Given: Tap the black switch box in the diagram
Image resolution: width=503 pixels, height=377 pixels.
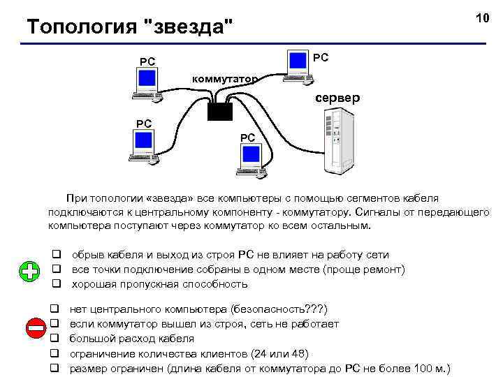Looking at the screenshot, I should [220, 112].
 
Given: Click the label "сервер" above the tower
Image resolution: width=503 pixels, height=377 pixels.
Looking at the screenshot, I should [337, 98].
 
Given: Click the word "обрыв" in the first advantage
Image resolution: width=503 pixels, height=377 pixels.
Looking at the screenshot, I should [87, 255].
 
